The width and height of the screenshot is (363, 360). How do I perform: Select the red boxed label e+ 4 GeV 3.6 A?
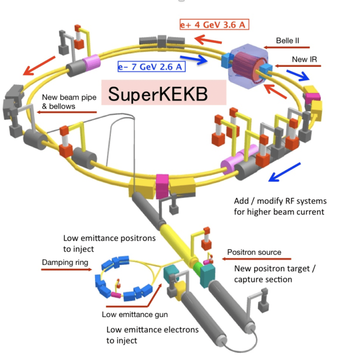click(214, 25)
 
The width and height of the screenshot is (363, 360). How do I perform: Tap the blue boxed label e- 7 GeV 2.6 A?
click(152, 67)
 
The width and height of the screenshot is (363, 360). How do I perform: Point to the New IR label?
click(305, 59)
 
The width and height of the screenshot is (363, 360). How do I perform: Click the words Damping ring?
click(65, 262)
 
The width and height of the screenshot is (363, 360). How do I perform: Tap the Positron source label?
click(254, 252)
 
